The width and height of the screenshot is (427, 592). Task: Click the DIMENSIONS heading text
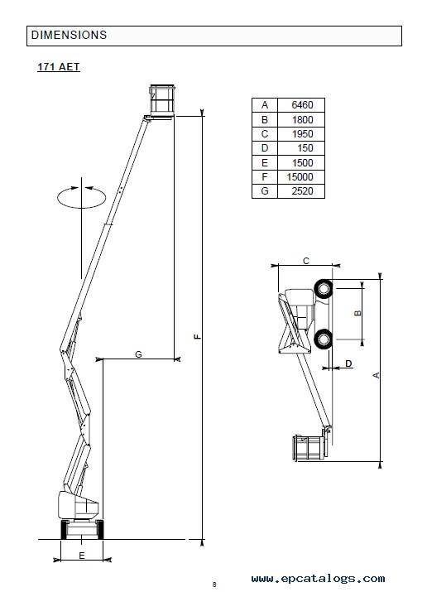pos(69,35)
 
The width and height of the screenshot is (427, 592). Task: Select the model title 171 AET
pos(59,67)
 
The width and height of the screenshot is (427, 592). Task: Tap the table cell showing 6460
pos(302,105)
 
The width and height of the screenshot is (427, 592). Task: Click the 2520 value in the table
pos(302,191)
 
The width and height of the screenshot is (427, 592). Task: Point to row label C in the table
pos(265,134)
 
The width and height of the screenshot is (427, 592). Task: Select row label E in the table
pos(265,163)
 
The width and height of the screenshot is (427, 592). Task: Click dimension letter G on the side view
pos(138,354)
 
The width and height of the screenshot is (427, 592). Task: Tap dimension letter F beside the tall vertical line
pos(197,336)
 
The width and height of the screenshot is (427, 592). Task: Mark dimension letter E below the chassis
pos(81,556)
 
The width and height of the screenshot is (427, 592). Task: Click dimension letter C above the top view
pos(306,261)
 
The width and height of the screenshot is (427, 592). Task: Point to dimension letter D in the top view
pos(348,363)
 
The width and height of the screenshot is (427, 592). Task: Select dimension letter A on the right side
pos(376,375)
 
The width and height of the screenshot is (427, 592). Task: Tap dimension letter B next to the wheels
pos(358,313)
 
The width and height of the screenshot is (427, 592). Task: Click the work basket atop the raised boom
pos(162,100)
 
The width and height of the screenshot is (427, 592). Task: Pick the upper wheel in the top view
pos(324,289)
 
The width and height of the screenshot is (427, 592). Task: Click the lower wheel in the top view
pos(324,339)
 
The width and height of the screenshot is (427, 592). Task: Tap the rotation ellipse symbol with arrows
pos(81,197)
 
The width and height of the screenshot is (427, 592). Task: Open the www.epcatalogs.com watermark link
pos(318,579)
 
